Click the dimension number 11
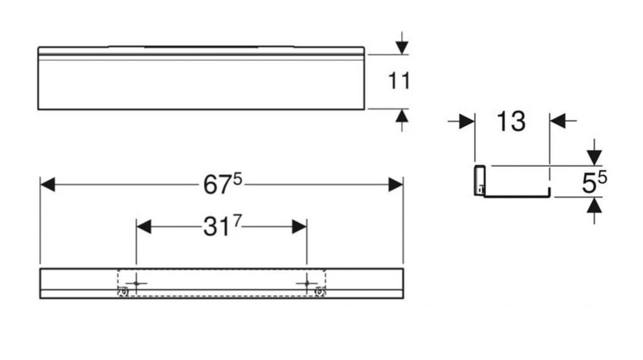(x=399, y=81)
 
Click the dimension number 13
(x=511, y=121)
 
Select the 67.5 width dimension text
(x=223, y=183)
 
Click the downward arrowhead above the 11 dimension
(x=402, y=47)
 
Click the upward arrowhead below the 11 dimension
(x=402, y=116)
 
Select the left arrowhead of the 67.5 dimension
(x=48, y=185)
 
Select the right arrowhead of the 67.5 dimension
(x=396, y=185)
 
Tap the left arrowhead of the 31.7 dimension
(x=144, y=227)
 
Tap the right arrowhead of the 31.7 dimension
(x=300, y=227)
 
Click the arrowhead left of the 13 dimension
(x=467, y=121)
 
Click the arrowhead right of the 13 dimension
(x=557, y=121)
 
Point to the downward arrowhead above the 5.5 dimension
(x=594, y=158)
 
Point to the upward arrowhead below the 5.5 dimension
(x=594, y=205)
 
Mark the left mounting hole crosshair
(x=136, y=283)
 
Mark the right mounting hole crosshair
(x=306, y=283)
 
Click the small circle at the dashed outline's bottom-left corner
(x=123, y=292)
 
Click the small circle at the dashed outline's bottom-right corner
(x=320, y=292)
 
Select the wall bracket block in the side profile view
(x=480, y=180)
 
